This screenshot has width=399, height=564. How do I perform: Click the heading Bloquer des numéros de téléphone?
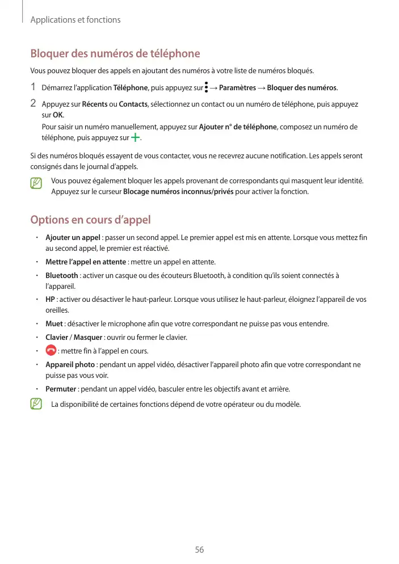(115, 54)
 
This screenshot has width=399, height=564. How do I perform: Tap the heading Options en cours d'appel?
(90, 220)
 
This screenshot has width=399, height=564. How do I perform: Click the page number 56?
(199, 550)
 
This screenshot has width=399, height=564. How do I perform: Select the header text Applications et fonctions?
(75, 20)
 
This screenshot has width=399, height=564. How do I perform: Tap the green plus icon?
(135, 137)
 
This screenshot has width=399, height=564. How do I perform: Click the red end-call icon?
(51, 351)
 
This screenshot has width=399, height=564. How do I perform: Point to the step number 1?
(33, 87)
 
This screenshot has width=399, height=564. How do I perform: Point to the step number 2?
(33, 104)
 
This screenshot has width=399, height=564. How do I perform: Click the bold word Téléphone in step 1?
(131, 88)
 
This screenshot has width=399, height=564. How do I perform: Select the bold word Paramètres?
(237, 88)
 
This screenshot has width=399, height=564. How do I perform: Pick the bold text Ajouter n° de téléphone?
(238, 127)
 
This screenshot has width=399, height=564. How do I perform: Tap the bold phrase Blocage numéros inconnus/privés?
(178, 192)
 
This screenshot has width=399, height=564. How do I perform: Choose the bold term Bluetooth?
(61, 276)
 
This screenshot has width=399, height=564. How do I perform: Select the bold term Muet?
(54, 324)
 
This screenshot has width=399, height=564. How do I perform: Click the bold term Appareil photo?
(70, 364)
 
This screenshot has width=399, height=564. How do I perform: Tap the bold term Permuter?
(61, 389)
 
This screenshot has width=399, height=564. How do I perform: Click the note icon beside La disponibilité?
(37, 405)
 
